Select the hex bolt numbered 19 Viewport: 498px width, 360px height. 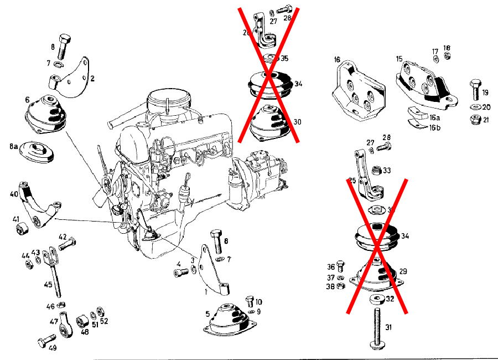[475, 89]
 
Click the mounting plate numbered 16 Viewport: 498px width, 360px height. [357, 91]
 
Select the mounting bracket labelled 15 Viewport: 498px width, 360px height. [423, 86]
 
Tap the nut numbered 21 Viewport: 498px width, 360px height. [474, 120]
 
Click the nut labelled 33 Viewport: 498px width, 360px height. [376, 171]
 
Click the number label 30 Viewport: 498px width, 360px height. [297, 122]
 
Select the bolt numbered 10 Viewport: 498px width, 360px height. [249, 301]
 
